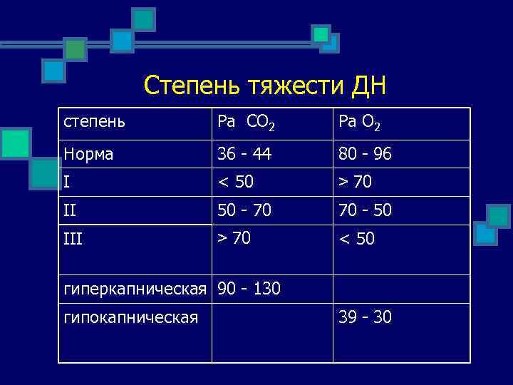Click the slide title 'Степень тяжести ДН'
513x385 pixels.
(x=264, y=86)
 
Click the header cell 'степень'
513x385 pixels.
(x=94, y=121)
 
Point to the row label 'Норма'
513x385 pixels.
(x=88, y=154)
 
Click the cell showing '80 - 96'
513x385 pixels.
(x=366, y=154)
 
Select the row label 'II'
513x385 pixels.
(x=70, y=210)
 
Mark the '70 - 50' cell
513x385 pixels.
(x=366, y=210)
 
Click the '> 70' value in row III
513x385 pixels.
(x=234, y=237)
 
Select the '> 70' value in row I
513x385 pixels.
(x=356, y=182)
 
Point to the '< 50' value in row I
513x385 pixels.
(x=235, y=182)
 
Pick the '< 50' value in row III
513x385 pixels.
(x=356, y=237)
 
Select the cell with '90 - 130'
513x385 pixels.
(x=249, y=289)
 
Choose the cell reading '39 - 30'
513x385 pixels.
(x=366, y=317)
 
